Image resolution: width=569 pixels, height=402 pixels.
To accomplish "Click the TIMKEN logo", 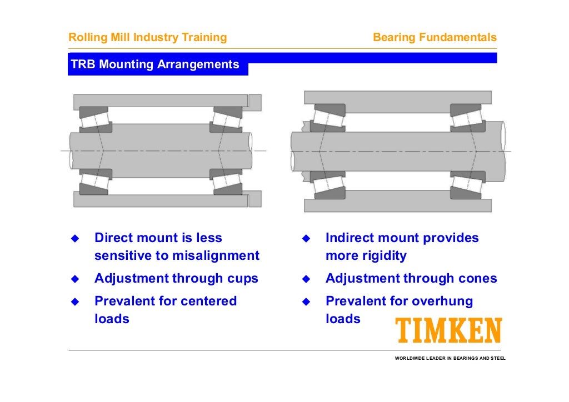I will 448,331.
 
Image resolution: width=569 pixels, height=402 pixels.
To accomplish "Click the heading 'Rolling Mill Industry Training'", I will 147,38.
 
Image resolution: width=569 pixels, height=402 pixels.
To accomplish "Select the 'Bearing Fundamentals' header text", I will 435,38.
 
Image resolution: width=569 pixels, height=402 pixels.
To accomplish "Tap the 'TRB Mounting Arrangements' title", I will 155,65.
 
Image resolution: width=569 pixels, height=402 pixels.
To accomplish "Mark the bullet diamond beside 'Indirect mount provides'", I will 306,239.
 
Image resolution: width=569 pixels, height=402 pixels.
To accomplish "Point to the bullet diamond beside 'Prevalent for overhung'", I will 306,302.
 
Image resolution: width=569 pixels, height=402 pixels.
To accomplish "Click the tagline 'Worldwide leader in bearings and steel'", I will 450,358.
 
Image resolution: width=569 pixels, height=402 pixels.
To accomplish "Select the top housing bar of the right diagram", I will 397,98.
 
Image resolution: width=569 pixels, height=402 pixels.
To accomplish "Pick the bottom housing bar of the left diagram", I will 161,200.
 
